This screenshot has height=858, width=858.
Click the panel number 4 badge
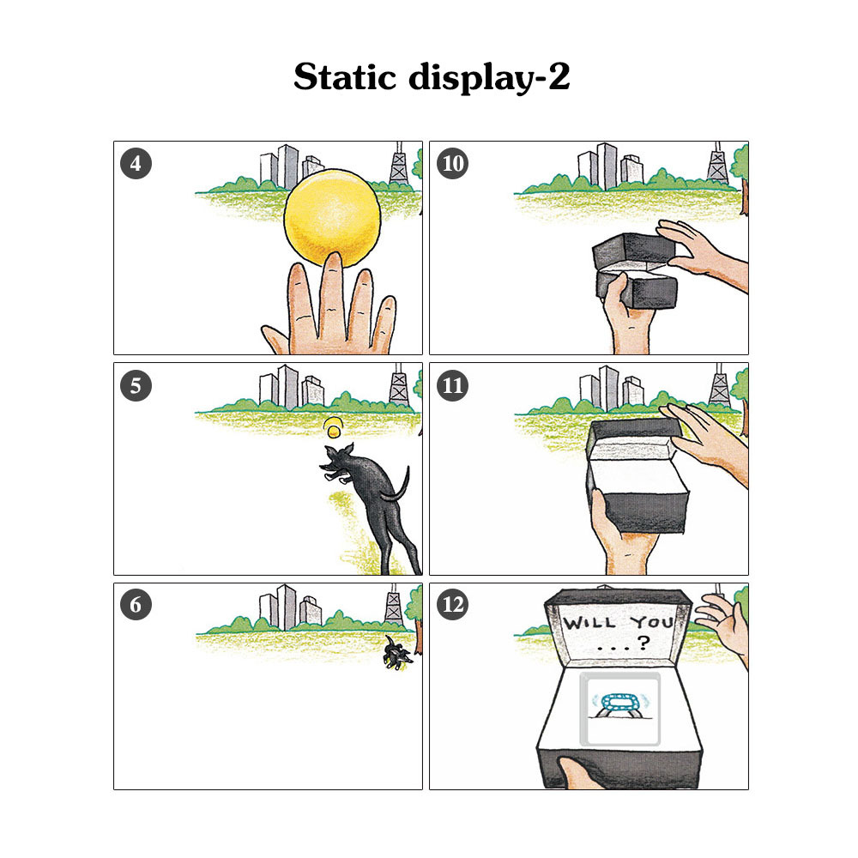pyautogui.click(x=136, y=164)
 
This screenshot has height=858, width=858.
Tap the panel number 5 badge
pyautogui.click(x=136, y=385)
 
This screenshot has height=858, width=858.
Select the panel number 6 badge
pyautogui.click(x=136, y=604)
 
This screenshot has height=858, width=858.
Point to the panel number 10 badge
pyautogui.click(x=452, y=164)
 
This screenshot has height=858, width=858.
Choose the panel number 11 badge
pyautogui.click(x=452, y=385)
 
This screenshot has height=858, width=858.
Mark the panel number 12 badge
pyautogui.click(x=452, y=604)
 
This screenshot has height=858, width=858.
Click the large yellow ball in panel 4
pyautogui.click(x=332, y=217)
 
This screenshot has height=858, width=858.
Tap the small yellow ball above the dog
pyautogui.click(x=333, y=428)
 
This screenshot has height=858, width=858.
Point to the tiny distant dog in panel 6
pyautogui.click(x=398, y=653)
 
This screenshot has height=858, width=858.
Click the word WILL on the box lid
pyautogui.click(x=590, y=623)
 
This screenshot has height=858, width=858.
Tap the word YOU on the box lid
pyautogui.click(x=652, y=622)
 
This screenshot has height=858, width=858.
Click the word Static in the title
pyautogui.click(x=345, y=76)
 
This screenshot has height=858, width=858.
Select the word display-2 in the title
pyautogui.click(x=490, y=78)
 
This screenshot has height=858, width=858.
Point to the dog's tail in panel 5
pyautogui.click(x=396, y=485)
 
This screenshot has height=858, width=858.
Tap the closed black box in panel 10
pyautogui.click(x=636, y=271)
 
